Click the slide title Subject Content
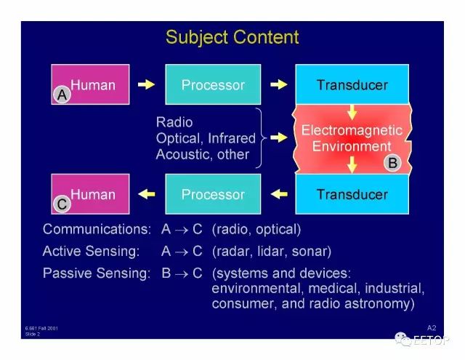(x=232, y=37)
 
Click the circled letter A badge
(x=62, y=94)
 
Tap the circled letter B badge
(x=392, y=164)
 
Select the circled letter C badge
(x=62, y=205)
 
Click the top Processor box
(x=213, y=85)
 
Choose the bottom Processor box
(x=213, y=194)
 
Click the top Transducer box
(x=352, y=85)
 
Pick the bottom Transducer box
(x=352, y=194)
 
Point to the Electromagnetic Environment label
(x=352, y=138)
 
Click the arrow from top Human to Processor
(x=147, y=84)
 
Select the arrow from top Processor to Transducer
(x=278, y=84)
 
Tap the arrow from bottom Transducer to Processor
(x=278, y=194)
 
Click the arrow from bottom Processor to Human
(x=147, y=194)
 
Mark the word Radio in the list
(x=174, y=121)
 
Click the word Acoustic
(x=185, y=154)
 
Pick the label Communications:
(x=97, y=229)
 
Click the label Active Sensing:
(x=92, y=252)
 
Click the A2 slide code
(x=432, y=328)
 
